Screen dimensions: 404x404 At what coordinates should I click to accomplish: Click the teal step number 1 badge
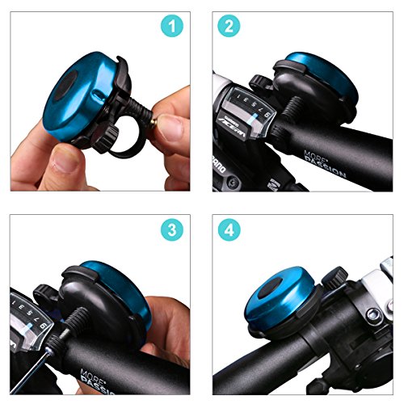(170, 27)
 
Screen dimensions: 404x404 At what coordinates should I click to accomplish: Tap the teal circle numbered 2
(229, 27)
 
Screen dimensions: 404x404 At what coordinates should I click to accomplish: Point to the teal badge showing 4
(229, 229)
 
